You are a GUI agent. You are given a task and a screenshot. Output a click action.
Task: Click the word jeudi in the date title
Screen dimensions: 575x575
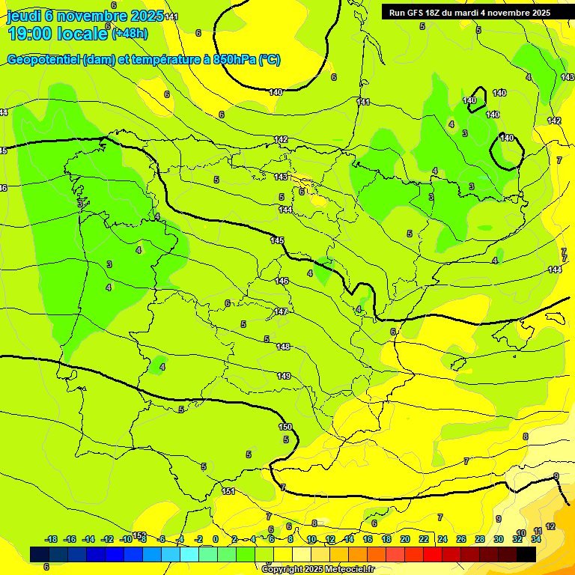[24, 16]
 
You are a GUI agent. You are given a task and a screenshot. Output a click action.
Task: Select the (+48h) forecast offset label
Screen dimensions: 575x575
[130, 33]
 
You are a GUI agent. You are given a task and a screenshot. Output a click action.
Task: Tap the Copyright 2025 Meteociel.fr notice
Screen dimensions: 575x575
[317, 569]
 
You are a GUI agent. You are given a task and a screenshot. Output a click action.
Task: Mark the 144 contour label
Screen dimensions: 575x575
[285, 210]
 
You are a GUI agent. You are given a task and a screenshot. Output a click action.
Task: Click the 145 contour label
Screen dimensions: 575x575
[277, 240]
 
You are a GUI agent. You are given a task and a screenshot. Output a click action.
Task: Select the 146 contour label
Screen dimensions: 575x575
[282, 281]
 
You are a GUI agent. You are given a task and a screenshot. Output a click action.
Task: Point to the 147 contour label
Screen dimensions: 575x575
[281, 311]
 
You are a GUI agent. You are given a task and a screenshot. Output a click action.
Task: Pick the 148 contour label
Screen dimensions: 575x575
[283, 347]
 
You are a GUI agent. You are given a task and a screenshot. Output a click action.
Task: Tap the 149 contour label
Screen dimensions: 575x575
[284, 376]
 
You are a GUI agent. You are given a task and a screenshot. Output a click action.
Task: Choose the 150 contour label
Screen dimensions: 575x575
[285, 427]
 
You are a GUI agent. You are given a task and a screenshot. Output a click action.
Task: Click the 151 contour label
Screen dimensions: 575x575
[228, 491]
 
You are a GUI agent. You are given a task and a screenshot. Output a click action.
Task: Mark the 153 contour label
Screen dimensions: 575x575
[139, 535]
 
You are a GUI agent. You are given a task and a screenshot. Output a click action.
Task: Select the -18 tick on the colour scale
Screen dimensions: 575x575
[52, 539]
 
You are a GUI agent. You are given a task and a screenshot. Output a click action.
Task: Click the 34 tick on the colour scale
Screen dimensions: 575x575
[536, 539]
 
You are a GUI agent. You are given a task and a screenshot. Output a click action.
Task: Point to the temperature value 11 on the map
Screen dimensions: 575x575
[538, 531]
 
